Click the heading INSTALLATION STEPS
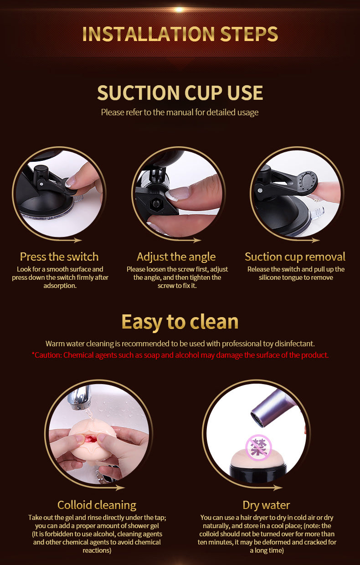[x=180, y=34]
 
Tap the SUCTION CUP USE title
[x=180, y=92]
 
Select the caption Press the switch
[x=59, y=257]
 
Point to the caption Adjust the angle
[x=176, y=257]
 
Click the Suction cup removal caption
[x=295, y=257]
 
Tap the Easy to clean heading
[x=180, y=322]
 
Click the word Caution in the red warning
[x=48, y=355]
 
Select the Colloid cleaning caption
[x=97, y=505]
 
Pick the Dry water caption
[x=266, y=505]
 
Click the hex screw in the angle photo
[x=155, y=204]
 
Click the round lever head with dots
[x=307, y=181]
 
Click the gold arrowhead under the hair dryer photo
[x=278, y=488]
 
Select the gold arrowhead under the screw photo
[x=197, y=240]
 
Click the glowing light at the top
[x=179, y=10]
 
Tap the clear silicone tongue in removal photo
[x=316, y=214]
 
